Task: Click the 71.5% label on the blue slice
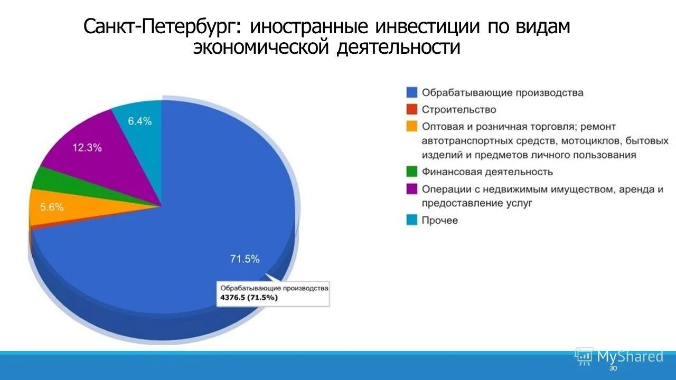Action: pyautogui.click(x=245, y=259)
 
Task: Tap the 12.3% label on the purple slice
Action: pyautogui.click(x=87, y=148)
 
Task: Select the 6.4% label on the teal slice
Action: pyautogui.click(x=140, y=121)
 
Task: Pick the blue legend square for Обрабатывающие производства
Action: pyautogui.click(x=412, y=92)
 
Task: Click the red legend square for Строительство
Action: pyautogui.click(x=412, y=109)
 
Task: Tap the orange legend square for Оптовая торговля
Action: pyautogui.click(x=412, y=127)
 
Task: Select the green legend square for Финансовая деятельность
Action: pyautogui.click(x=412, y=172)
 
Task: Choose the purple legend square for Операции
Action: pyautogui.click(x=412, y=189)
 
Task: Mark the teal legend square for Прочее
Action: pyautogui.click(x=412, y=220)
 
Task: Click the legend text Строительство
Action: pyautogui.click(x=459, y=109)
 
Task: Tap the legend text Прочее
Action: pyautogui.click(x=439, y=220)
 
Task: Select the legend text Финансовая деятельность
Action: pyautogui.click(x=487, y=172)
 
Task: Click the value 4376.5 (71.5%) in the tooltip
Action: pyautogui.click(x=249, y=298)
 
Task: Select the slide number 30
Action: pyautogui.click(x=613, y=368)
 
